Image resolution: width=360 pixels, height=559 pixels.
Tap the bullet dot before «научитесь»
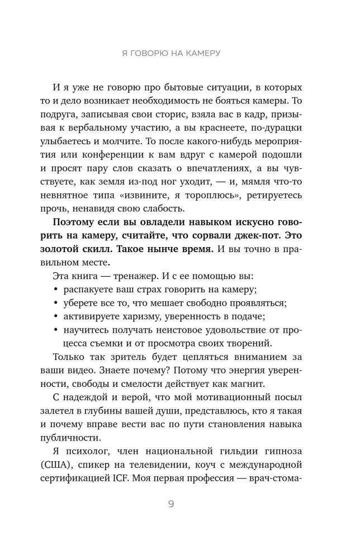pos(55,330)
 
